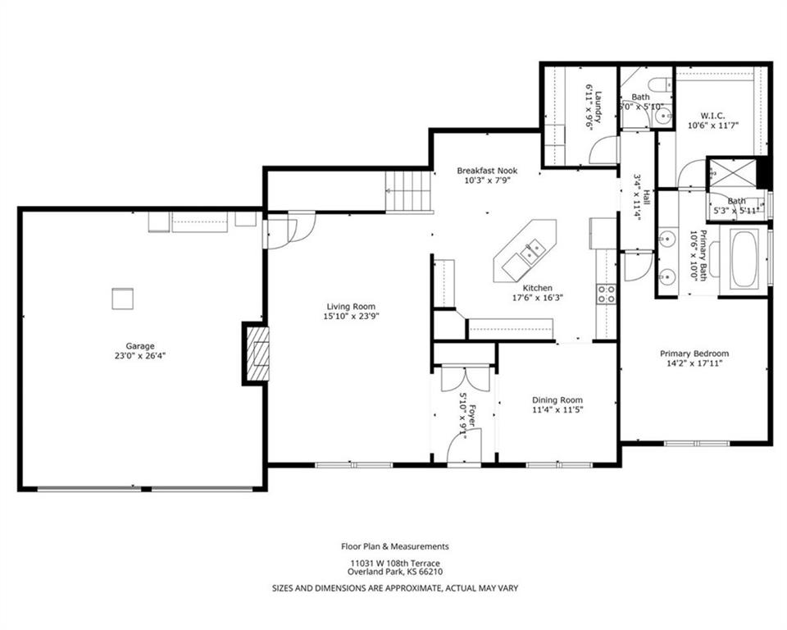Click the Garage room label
(x=139, y=345)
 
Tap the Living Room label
(x=351, y=307)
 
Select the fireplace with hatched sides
(x=257, y=354)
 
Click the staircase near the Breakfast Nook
(x=408, y=192)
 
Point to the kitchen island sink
(x=532, y=249)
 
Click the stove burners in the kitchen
(x=606, y=294)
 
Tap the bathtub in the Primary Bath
(x=745, y=258)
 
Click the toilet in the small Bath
(x=661, y=84)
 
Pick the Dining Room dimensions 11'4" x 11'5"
(x=557, y=409)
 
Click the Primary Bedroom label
(x=694, y=354)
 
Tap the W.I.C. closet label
(x=712, y=116)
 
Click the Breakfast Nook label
(x=487, y=171)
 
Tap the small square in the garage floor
(x=122, y=299)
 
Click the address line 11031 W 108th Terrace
(x=395, y=564)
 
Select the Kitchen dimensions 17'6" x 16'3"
(x=538, y=298)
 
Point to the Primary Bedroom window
(x=697, y=443)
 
